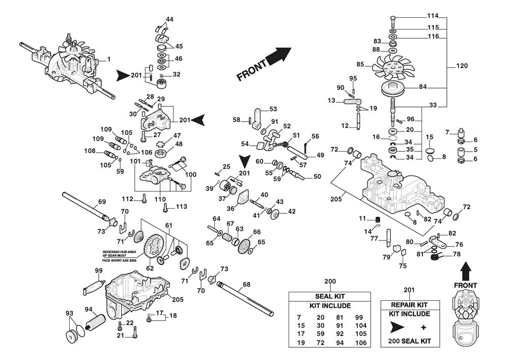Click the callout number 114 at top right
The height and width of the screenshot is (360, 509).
tap(433, 16)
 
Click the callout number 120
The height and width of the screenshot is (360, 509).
tap(462, 66)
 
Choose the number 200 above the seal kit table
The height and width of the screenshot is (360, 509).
tap(330, 282)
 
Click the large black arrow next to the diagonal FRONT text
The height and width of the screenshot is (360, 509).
tap(277, 55)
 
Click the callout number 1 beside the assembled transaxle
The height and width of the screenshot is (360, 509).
tap(108, 60)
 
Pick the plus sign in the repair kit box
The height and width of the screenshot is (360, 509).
tap(423, 325)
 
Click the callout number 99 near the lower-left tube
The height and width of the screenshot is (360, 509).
tap(99, 270)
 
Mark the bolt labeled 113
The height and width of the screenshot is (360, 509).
tap(165, 207)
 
